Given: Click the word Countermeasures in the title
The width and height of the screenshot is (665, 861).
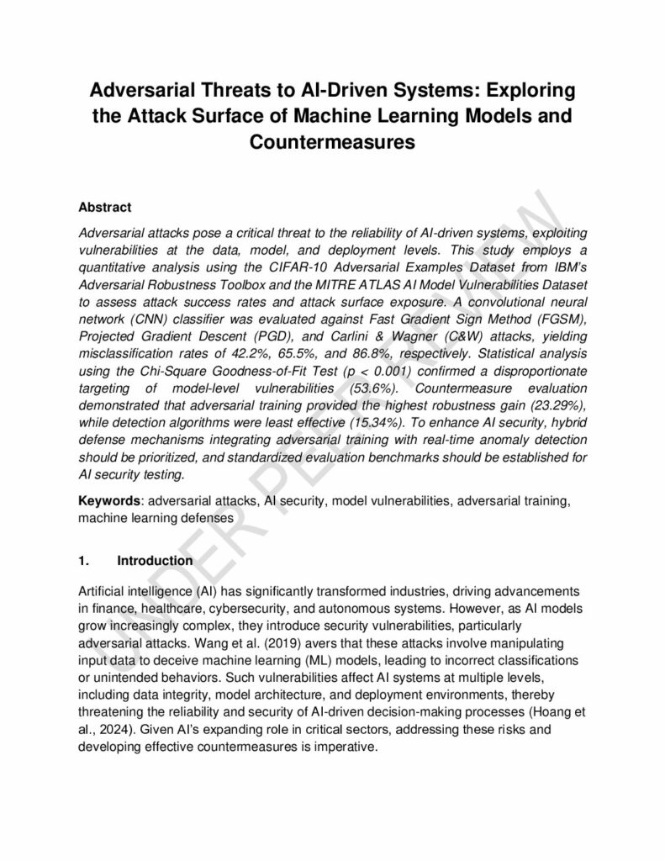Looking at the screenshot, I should tap(332, 141).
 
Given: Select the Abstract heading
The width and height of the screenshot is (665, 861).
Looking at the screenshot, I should tap(105, 206).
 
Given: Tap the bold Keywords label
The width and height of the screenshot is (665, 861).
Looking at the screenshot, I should tap(108, 500).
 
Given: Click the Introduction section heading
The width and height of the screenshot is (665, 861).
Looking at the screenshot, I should tap(155, 560).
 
